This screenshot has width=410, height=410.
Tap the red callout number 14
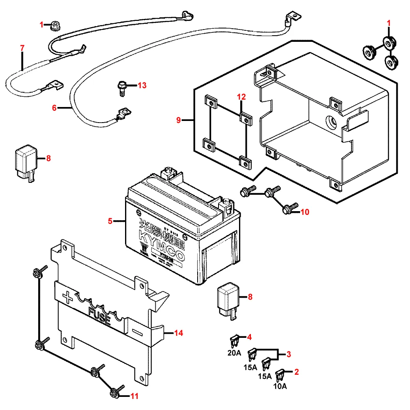point(178,333)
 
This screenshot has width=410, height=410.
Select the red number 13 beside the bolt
point(142,85)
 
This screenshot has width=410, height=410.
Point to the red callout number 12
point(241,97)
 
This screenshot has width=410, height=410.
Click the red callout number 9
point(178,120)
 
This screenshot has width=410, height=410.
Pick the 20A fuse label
point(235,353)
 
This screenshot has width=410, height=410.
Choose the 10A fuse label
point(280,386)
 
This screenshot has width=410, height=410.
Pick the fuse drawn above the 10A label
point(280,374)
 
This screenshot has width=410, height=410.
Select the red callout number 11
point(134,396)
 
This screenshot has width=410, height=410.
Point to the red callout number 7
point(23,48)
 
